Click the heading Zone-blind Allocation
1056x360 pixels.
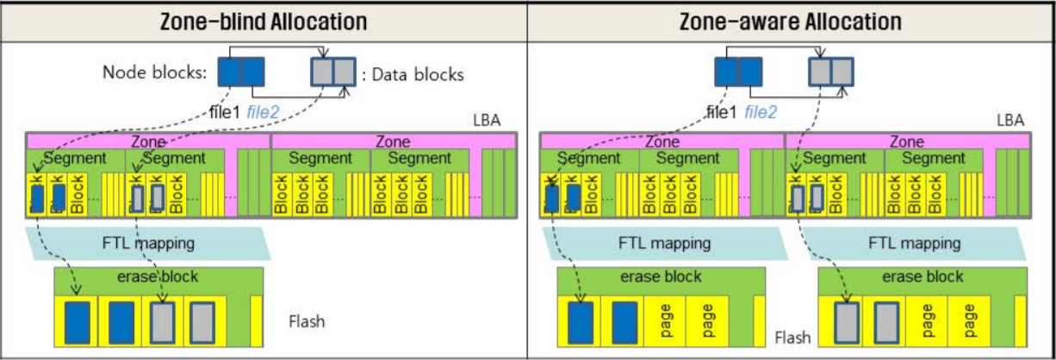tap(263, 22)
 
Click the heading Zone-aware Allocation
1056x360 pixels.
tap(791, 22)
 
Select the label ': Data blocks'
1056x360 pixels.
tap(413, 75)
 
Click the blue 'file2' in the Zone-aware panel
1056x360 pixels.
tap(761, 111)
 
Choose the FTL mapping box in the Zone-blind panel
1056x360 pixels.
tap(148, 243)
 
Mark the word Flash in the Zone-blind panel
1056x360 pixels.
tap(307, 322)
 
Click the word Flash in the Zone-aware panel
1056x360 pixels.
tap(792, 338)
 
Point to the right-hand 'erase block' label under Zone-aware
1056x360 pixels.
tap(922, 277)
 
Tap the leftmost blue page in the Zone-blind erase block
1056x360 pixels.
tap(77, 321)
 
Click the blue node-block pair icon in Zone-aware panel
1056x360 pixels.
tap(738, 71)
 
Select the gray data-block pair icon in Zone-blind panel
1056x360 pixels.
tap(332, 71)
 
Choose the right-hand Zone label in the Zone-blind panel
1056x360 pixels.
tap(393, 141)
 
